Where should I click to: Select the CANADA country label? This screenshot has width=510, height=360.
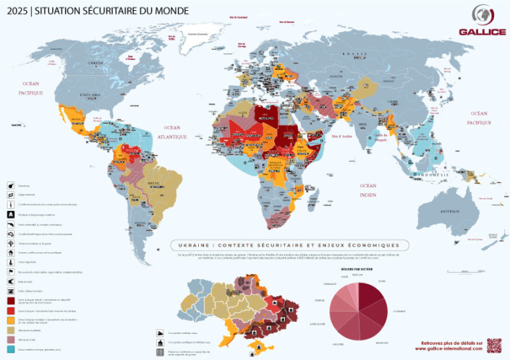[97, 63]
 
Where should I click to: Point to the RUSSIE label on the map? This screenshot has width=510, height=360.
[353, 53]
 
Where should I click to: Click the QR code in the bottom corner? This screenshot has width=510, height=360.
[494, 345]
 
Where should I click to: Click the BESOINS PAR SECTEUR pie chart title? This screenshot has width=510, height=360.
[356, 268]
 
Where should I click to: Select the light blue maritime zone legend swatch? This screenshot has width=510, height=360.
[12, 348]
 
